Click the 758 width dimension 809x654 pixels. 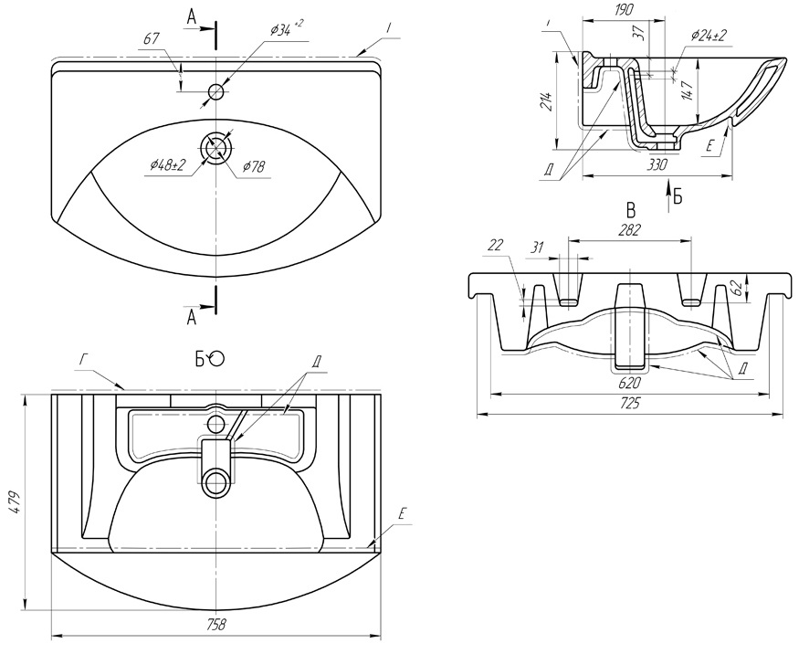(x=215, y=625)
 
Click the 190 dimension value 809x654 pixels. (x=625, y=11)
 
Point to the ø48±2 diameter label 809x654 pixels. (x=168, y=164)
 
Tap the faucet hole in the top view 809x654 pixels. (x=216, y=91)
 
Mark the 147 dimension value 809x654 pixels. (x=685, y=90)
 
